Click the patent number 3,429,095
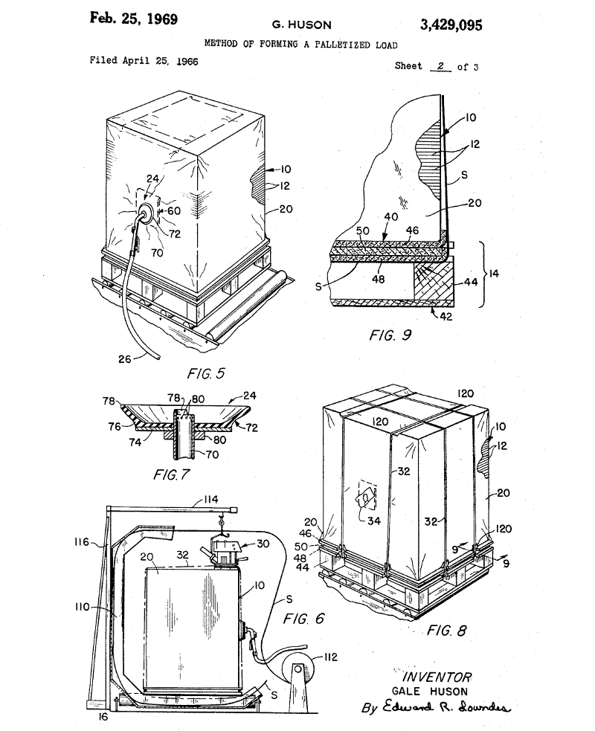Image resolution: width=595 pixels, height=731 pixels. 451,25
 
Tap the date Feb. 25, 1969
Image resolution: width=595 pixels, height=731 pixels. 133,19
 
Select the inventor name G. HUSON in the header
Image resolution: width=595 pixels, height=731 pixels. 302,25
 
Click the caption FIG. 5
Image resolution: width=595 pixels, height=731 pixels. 205,373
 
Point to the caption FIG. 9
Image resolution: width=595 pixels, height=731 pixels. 390,335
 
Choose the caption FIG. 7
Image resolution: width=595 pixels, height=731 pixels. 172,474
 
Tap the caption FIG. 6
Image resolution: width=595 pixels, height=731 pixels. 303,619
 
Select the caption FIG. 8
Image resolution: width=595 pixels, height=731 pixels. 446,631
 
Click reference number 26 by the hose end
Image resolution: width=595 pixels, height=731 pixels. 124,359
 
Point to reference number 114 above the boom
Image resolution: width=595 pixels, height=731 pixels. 210,499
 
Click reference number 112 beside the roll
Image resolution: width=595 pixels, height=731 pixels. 330,657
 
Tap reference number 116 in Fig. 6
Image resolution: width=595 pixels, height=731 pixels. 82,541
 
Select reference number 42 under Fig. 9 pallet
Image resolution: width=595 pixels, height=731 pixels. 446,317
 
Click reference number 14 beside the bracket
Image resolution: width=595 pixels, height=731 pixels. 493,273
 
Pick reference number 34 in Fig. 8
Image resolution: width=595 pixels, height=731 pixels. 374,521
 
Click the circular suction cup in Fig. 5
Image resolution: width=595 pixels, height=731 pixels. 145,213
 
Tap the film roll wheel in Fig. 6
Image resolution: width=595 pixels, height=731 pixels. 297,670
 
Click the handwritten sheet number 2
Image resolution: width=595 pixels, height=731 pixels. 440,66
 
